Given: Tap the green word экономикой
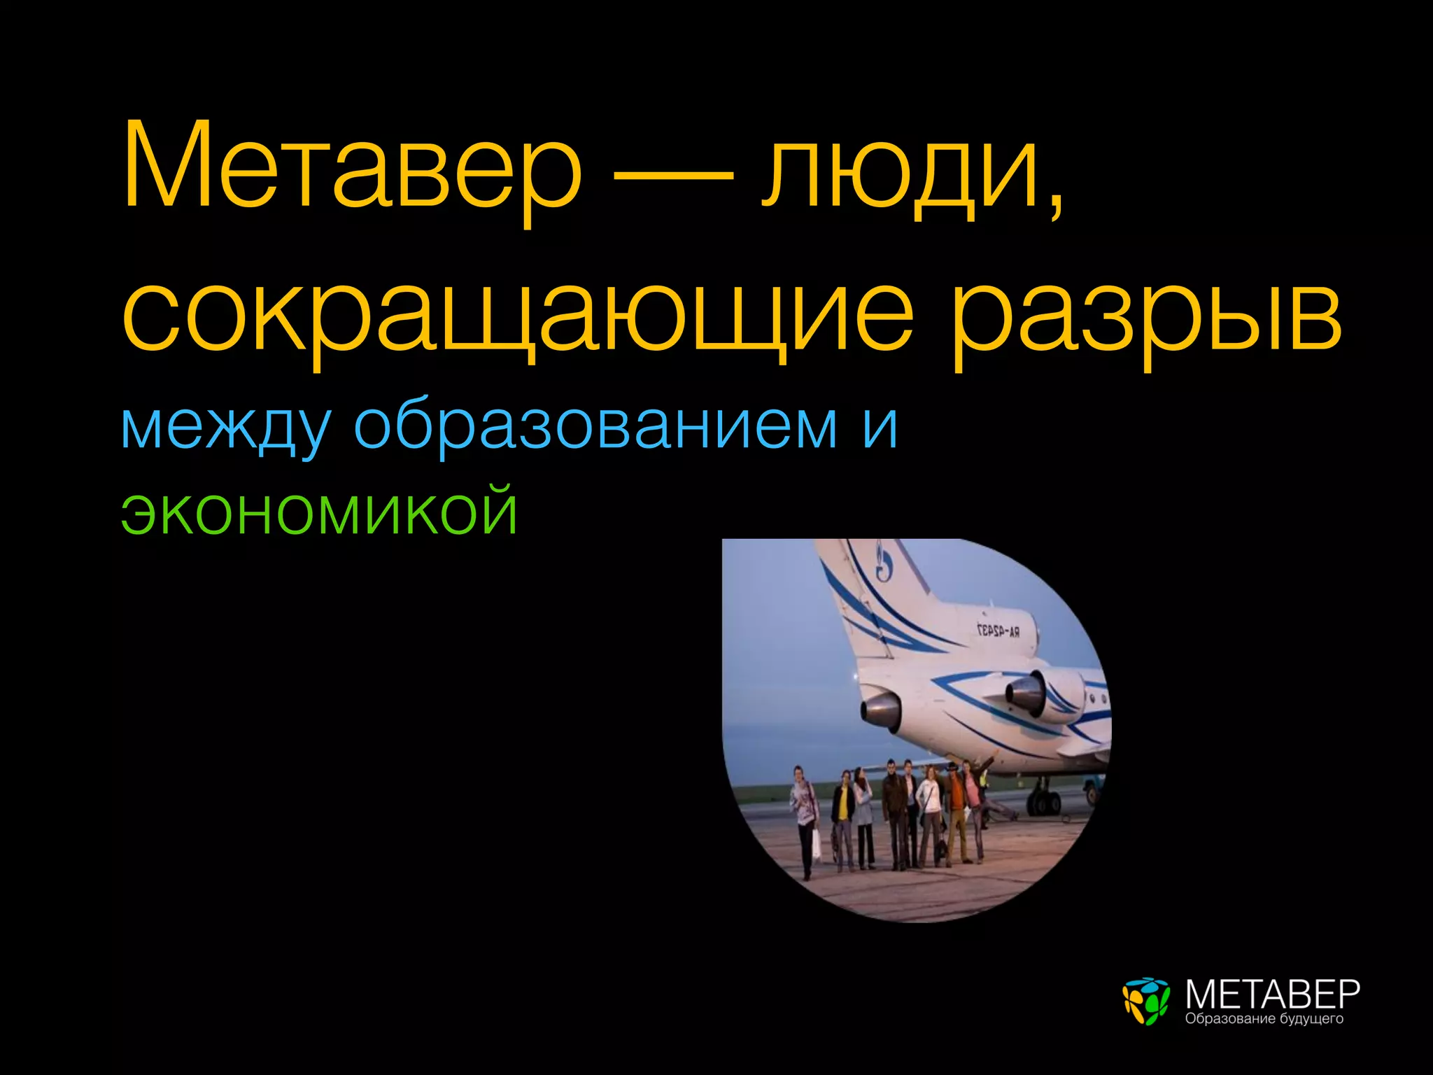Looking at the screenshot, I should [x=319, y=512].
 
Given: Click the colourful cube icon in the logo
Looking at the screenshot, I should [x=1145, y=1001].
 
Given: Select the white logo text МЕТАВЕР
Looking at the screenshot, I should [x=1272, y=993].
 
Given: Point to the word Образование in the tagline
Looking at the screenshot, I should [x=1230, y=1019].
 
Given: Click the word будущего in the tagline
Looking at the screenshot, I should [x=1312, y=1020].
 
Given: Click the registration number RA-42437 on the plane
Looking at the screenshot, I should [x=998, y=631].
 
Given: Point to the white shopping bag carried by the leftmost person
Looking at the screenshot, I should [x=816, y=843].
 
